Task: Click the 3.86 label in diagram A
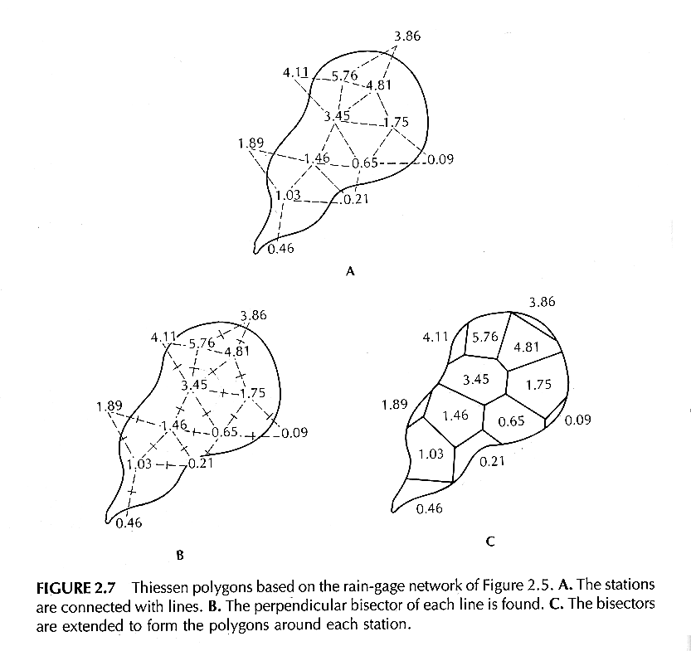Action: point(407,36)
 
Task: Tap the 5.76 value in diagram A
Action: point(344,75)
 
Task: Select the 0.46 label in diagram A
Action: point(280,249)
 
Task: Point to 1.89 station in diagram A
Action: point(251,143)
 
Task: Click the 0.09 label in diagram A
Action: point(440,159)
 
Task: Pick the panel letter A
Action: point(350,271)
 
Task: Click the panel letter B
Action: point(179,555)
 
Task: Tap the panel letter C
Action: point(490,541)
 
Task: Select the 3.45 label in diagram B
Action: point(194,385)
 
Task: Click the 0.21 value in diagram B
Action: point(201,464)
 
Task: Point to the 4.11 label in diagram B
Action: point(163,338)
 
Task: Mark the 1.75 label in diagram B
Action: point(252,392)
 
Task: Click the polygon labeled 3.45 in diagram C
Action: point(476,380)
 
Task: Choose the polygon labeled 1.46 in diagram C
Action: point(455,415)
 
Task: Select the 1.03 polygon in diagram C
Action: point(431,454)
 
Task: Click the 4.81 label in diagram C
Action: point(526,347)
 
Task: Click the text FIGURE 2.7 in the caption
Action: point(75,588)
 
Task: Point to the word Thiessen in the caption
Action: point(160,588)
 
